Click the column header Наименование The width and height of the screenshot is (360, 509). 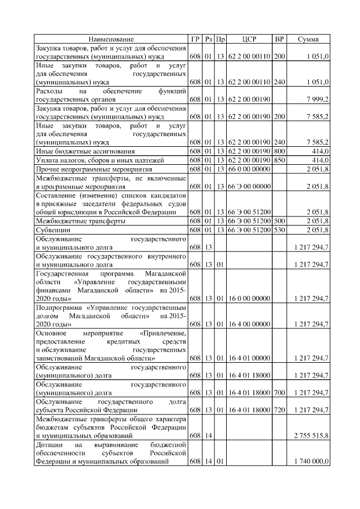pyautogui.click(x=111, y=39)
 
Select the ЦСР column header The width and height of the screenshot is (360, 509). pyautogui.click(x=249, y=39)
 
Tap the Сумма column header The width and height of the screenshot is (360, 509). pyautogui.click(x=309, y=39)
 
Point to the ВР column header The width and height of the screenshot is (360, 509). pyautogui.click(x=279, y=39)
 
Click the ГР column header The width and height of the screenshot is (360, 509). pyautogui.click(x=195, y=39)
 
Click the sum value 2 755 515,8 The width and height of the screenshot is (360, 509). pyautogui.click(x=311, y=435)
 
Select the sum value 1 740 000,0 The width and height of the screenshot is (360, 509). pyautogui.click(x=311, y=462)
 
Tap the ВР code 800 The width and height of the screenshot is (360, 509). pyautogui.click(x=279, y=151)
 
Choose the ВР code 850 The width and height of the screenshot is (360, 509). pyautogui.click(x=279, y=160)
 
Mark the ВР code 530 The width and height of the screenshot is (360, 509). pyautogui.click(x=279, y=230)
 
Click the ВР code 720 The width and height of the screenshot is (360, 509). pyautogui.click(x=279, y=410)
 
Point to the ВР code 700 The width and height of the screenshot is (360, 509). pyautogui.click(x=279, y=393)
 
